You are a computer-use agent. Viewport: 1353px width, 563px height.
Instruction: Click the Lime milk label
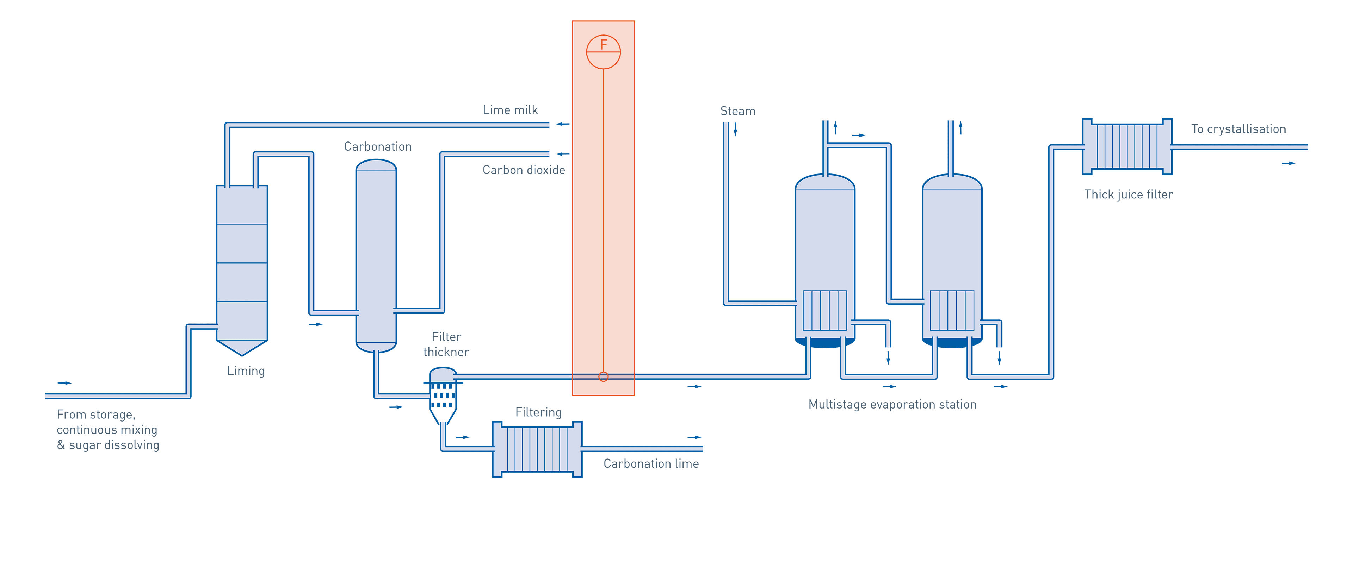(510, 110)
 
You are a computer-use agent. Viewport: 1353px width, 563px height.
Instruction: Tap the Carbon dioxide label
(524, 170)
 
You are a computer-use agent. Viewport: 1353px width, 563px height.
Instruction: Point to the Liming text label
(246, 371)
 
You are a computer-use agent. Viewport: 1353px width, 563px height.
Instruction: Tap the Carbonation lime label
(651, 464)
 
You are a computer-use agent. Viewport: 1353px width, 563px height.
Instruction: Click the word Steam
(737, 111)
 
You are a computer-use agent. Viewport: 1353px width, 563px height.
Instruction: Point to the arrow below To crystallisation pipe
(1289, 163)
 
